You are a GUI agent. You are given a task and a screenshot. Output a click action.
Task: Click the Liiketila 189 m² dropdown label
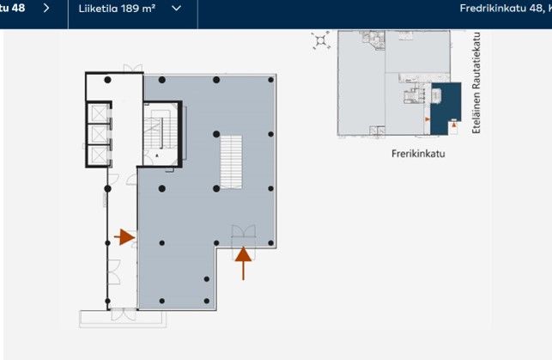[x=117, y=9]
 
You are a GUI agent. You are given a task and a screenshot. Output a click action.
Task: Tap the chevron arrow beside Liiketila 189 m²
[x=176, y=9]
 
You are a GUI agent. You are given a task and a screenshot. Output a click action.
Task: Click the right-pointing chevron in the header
[x=46, y=8]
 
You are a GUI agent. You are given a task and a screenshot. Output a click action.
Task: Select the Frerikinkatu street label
[x=418, y=154]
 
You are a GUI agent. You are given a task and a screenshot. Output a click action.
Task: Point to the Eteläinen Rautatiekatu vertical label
[x=476, y=82]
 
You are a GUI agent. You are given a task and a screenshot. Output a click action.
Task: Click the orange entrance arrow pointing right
[x=124, y=237]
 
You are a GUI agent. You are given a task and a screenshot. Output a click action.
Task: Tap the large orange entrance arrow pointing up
[x=243, y=264]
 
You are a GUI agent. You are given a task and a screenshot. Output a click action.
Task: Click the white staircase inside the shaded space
[x=231, y=162]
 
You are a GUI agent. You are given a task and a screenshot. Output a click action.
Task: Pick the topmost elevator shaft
[x=99, y=113]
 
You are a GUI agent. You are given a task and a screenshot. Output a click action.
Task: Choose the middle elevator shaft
[x=99, y=134]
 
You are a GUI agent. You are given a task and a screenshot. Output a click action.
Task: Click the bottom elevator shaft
[x=99, y=156]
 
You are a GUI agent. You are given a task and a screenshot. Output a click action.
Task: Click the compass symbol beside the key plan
[x=321, y=40]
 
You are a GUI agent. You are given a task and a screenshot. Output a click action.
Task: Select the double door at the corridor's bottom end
[x=124, y=314]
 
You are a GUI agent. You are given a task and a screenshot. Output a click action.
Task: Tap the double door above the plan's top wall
[x=133, y=68]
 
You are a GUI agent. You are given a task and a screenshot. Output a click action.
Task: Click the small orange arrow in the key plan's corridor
[x=428, y=119]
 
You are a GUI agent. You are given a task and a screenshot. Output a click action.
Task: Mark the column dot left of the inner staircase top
[x=216, y=134]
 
